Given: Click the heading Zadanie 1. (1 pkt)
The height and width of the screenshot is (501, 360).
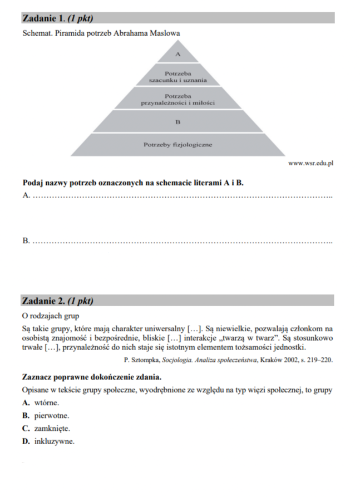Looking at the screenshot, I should pos(57,18).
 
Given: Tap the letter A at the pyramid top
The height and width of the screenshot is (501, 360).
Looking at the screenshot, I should pos(178,55).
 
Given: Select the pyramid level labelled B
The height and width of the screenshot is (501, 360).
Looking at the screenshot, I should pos(178,120).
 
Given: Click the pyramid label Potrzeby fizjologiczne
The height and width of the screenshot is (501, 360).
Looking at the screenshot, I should pos(178,145).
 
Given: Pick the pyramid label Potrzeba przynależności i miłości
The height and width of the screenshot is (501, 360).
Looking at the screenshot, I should pos(178,100).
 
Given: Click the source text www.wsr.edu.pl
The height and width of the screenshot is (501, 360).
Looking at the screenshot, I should pos(310,163).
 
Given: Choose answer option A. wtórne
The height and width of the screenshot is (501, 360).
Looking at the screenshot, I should pos(41,402).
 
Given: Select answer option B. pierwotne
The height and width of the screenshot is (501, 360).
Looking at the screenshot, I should pos(46,415).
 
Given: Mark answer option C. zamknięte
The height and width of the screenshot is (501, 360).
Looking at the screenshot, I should pos(46,429).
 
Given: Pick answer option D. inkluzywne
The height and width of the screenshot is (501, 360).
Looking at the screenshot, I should pos(48,441).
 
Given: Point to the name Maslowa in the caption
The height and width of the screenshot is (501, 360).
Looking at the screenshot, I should pos(164,33).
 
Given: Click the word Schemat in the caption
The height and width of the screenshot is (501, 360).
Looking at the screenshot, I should pos(37,33).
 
